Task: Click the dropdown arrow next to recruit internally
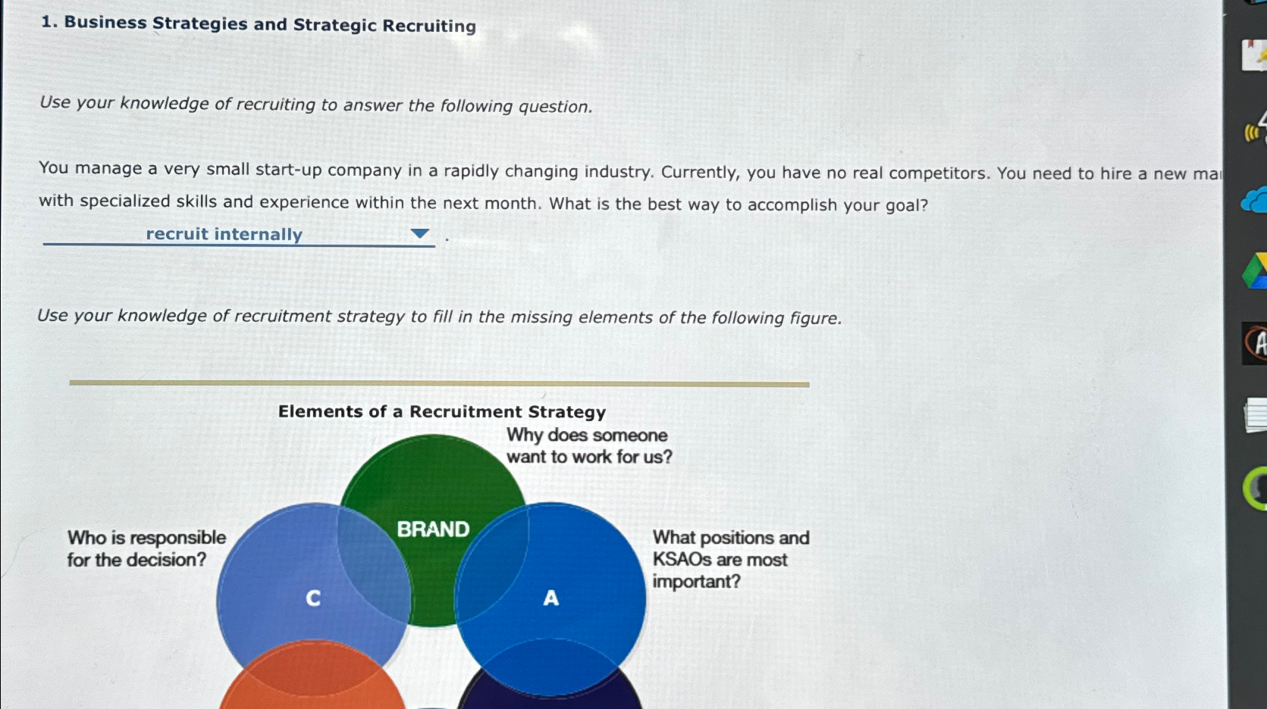pos(419,234)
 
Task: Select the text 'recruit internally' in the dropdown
pos(224,234)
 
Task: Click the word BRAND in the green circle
pos(433,529)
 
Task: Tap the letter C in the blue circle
pos(312,598)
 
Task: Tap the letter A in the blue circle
pos(551,598)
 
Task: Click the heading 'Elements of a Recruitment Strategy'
pos(441,412)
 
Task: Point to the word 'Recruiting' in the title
pos(429,26)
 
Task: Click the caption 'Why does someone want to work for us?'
pos(588,446)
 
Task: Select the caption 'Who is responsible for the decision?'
pos(146,548)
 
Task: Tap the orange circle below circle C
pos(312,682)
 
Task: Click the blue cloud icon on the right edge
pos(1255,201)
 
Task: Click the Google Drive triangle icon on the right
pos(1256,272)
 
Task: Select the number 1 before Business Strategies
pos(46,22)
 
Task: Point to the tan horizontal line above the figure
pos(439,383)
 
